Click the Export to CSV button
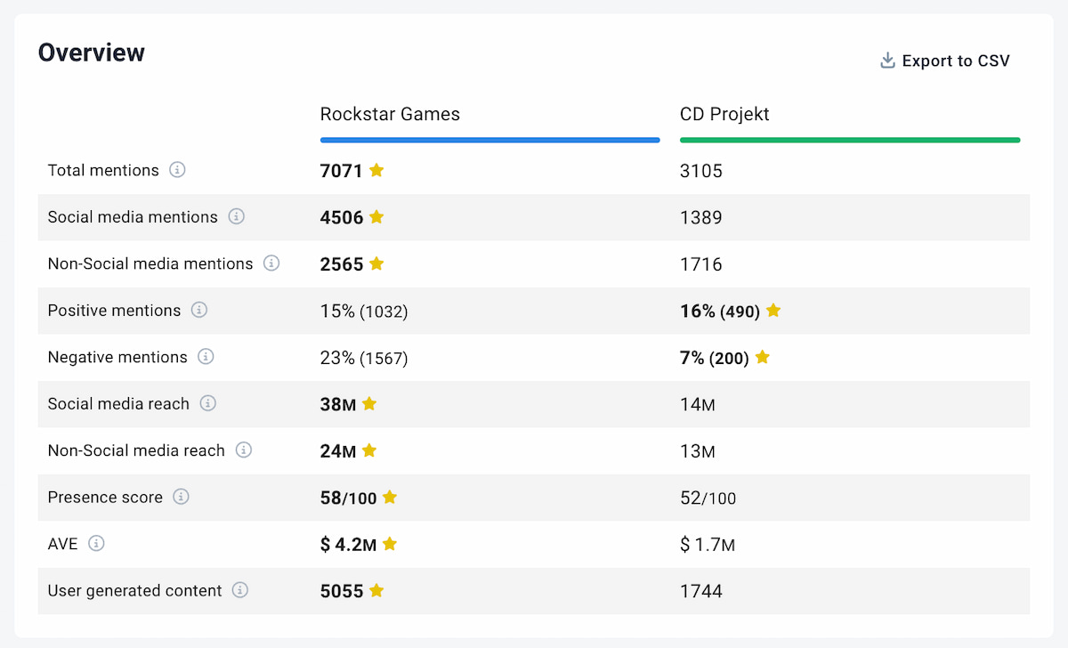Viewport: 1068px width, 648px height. (x=945, y=61)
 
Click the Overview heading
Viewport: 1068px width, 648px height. (x=91, y=53)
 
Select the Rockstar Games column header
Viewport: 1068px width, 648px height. (x=390, y=114)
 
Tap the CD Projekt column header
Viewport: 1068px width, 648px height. (x=724, y=114)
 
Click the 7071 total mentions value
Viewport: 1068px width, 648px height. (x=342, y=170)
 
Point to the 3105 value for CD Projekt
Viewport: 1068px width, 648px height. (x=701, y=170)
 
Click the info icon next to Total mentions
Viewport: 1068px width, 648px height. (x=177, y=170)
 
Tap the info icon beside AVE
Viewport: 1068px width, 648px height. (x=96, y=543)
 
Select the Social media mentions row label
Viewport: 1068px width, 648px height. (x=133, y=217)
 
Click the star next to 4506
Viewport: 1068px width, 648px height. (x=376, y=216)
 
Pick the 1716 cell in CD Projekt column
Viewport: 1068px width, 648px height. (x=701, y=264)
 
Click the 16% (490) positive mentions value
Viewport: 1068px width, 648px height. (x=719, y=311)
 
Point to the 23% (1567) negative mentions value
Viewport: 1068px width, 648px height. (x=364, y=358)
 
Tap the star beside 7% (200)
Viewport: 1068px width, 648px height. (x=762, y=357)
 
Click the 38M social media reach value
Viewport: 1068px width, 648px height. (x=338, y=404)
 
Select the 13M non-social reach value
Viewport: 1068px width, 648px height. (x=698, y=451)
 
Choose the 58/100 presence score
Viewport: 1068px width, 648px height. (x=348, y=498)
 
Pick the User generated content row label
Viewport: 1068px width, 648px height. (x=135, y=591)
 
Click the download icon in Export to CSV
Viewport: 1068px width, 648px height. (x=887, y=61)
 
